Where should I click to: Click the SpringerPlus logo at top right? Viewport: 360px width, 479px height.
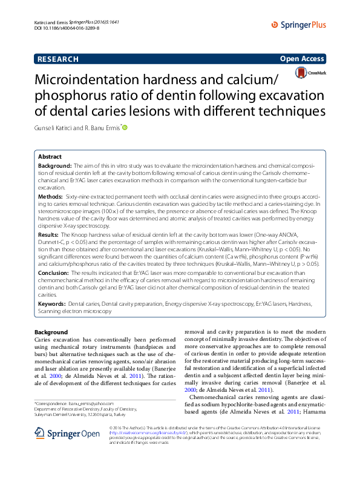click(x=299, y=25)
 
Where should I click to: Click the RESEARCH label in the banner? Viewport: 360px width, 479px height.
click(x=57, y=59)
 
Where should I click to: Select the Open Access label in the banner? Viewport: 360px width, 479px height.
click(x=302, y=59)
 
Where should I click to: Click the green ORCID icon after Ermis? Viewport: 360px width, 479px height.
click(x=125, y=127)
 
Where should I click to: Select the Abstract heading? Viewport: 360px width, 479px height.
click(x=50, y=156)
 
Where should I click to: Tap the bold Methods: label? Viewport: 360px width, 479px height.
click(x=50, y=197)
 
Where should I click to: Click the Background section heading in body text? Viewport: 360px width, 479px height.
click(x=51, y=332)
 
